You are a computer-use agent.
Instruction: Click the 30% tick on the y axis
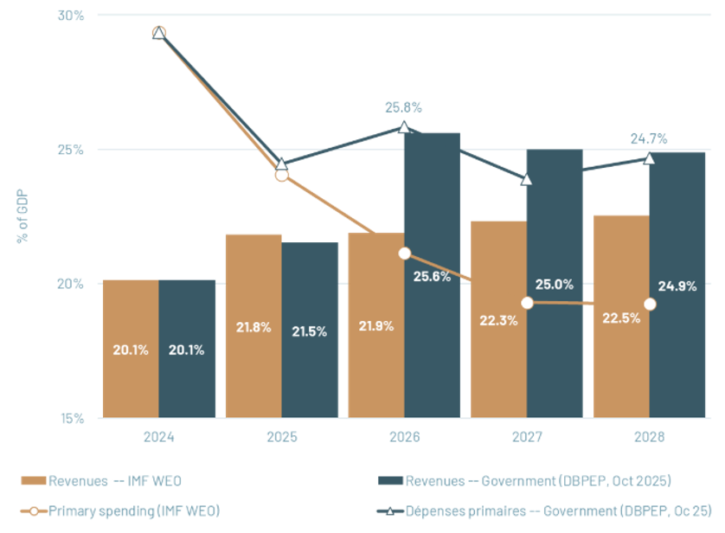click(x=72, y=16)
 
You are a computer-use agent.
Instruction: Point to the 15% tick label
click(x=72, y=419)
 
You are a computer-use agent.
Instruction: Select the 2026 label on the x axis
click(x=404, y=437)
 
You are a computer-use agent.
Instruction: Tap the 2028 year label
click(x=649, y=437)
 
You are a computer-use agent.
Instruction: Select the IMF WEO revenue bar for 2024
click(x=131, y=348)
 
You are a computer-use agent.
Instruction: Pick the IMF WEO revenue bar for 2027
click(x=498, y=318)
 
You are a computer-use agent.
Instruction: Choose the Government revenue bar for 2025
click(x=310, y=330)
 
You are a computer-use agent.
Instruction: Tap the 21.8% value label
click(x=253, y=327)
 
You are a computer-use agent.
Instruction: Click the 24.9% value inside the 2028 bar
click(x=677, y=286)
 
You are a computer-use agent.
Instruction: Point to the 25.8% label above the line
click(x=403, y=108)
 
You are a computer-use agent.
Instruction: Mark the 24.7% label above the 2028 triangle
click(x=649, y=138)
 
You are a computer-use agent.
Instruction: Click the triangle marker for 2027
click(x=527, y=179)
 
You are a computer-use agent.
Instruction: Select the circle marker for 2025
click(x=281, y=175)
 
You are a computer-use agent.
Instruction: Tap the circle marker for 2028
click(x=650, y=304)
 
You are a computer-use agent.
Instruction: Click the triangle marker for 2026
click(x=404, y=128)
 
